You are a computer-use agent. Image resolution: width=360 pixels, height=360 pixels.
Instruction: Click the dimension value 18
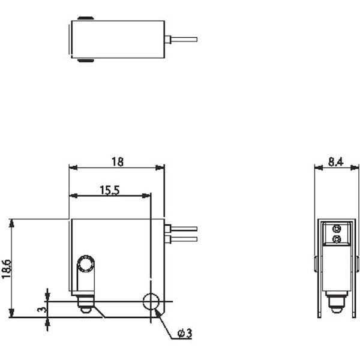pyautogui.click(x=118, y=161)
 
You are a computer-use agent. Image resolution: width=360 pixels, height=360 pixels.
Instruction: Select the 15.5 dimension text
pyautogui.click(x=110, y=190)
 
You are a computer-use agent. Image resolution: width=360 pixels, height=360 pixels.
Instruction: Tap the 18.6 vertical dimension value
pyautogui.click(x=7, y=269)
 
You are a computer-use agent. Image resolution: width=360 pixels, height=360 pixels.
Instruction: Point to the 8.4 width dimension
pyautogui.click(x=335, y=161)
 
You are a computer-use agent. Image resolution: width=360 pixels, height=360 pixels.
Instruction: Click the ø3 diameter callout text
pyautogui.click(x=185, y=334)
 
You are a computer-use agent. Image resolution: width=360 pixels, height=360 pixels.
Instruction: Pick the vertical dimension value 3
pyautogui.click(x=41, y=310)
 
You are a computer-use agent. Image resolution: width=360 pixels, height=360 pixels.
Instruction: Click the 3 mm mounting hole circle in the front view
pyautogui.click(x=151, y=301)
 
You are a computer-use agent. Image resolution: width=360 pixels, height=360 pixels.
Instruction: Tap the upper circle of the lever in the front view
pyautogui.click(x=86, y=263)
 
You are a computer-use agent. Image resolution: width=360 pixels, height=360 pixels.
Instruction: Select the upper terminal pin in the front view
pyautogui.click(x=181, y=229)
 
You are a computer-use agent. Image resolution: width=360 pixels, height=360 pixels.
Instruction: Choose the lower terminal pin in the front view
pyautogui.click(x=181, y=239)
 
